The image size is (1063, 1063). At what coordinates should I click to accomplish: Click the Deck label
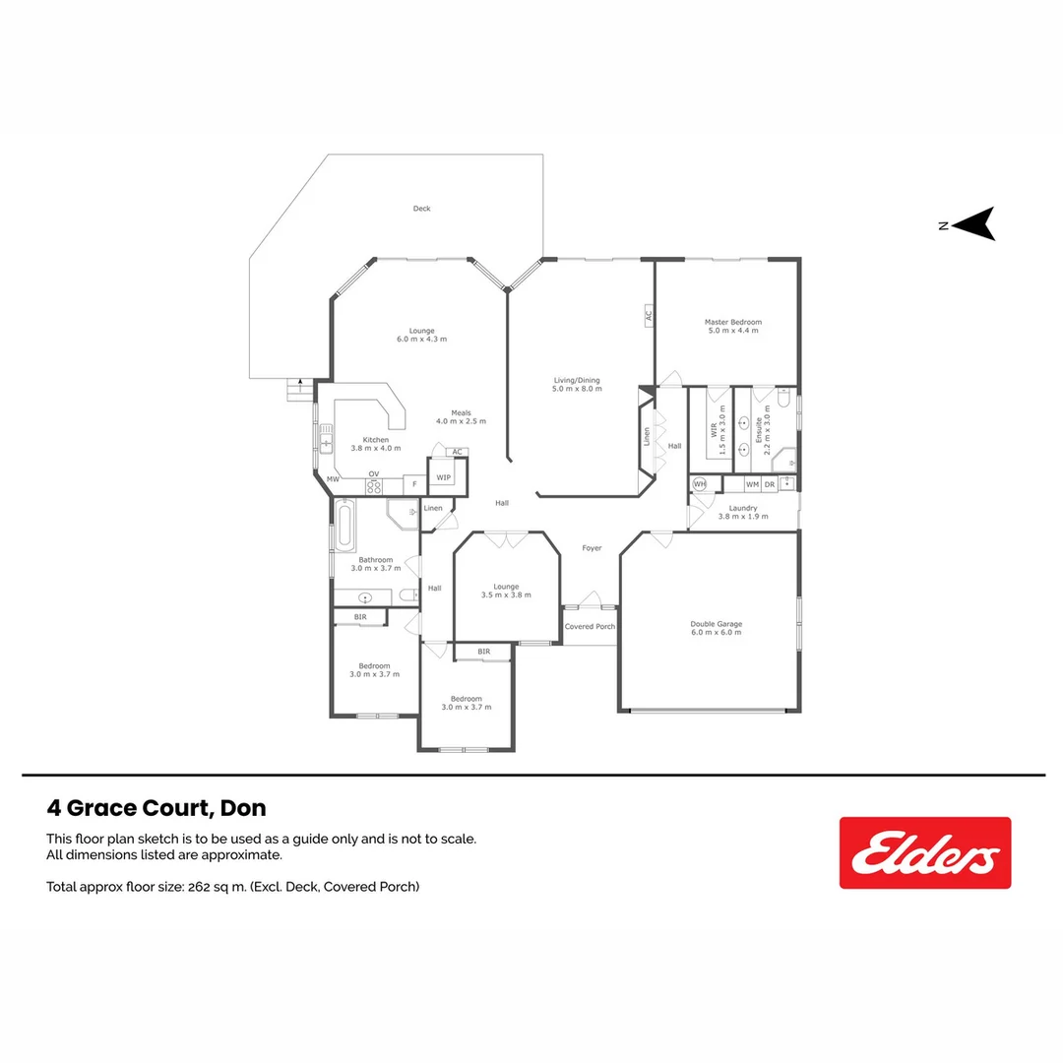click(421, 209)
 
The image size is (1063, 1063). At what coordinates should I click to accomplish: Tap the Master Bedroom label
click(732, 322)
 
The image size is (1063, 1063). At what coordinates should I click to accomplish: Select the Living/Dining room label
click(575, 380)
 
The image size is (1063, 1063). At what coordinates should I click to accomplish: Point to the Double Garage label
click(716, 624)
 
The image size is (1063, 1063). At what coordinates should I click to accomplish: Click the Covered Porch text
click(590, 626)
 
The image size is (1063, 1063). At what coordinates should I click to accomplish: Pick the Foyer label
click(592, 548)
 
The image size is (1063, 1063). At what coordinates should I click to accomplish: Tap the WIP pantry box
click(444, 478)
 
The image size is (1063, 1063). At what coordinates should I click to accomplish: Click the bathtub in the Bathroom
click(344, 526)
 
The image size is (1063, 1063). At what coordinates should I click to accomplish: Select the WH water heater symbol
click(700, 483)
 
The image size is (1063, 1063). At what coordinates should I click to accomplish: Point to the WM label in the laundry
click(752, 484)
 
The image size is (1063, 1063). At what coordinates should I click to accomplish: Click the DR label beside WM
click(770, 484)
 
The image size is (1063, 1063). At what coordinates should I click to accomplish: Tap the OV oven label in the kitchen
click(374, 473)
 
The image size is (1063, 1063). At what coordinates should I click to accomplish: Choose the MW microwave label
click(333, 479)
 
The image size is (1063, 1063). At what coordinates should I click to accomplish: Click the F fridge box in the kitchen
click(414, 484)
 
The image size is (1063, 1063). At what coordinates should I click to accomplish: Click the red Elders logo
click(924, 852)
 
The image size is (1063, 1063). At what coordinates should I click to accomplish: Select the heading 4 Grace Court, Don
click(156, 808)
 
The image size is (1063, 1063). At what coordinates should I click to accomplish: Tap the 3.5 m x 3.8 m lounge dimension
click(506, 594)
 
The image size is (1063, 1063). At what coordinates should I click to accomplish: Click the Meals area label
click(461, 413)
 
